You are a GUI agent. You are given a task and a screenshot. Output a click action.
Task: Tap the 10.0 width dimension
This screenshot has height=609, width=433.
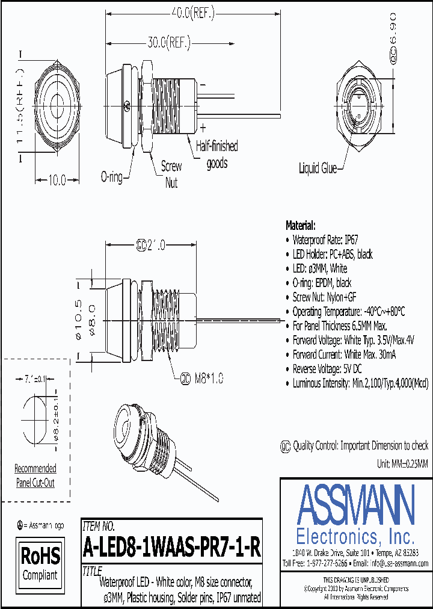tap(57, 180)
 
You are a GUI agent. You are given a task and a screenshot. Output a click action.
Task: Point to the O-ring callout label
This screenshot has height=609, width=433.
tap(112, 177)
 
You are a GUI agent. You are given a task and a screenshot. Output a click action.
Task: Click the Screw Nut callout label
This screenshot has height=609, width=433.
tap(172, 173)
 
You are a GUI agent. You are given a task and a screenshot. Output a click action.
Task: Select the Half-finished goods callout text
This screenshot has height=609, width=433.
tap(216, 155)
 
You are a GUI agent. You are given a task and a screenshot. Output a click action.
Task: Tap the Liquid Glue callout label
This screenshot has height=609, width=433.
tap(318, 168)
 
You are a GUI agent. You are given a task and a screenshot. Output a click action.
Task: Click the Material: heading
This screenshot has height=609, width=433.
tap(300, 225)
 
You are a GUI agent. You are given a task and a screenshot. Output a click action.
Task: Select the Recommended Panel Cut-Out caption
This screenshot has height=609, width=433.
tap(35, 475)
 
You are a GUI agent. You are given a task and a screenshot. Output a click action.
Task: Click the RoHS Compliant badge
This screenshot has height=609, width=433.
tap(40, 563)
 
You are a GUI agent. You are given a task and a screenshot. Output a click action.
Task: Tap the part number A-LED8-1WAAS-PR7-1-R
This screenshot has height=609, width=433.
tap(171, 548)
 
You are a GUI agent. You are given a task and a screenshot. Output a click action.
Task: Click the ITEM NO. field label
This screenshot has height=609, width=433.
tap(98, 525)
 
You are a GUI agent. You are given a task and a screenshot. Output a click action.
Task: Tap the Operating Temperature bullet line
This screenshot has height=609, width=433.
tap(348, 312)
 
